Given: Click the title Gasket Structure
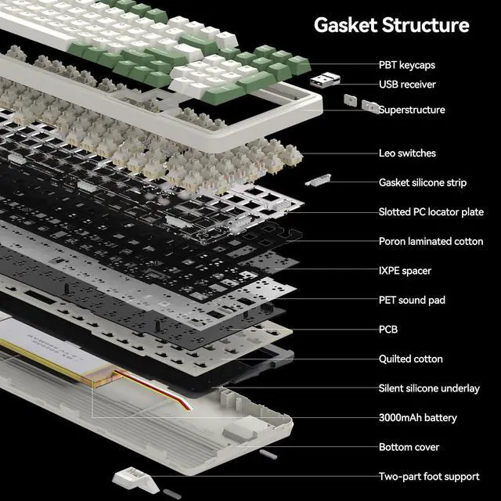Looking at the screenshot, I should coord(391,25).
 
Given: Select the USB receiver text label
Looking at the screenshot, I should coord(407,85).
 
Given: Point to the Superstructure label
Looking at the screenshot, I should coord(412,110).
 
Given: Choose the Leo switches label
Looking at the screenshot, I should coord(407,153).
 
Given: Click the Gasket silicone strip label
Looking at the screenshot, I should coord(423,182).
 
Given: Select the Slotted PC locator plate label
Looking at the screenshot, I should coord(431,212).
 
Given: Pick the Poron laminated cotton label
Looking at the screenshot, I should coord(431,241).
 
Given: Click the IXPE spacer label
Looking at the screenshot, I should coord(405,271).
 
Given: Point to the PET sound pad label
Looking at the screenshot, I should coord(412,300).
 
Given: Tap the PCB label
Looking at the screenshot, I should coord(388,330).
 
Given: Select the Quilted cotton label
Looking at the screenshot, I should coord(411,359).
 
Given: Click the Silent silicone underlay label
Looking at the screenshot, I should coord(429,388).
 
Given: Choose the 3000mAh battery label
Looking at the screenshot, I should coord(417,418).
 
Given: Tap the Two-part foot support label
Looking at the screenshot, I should coord(429,477).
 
